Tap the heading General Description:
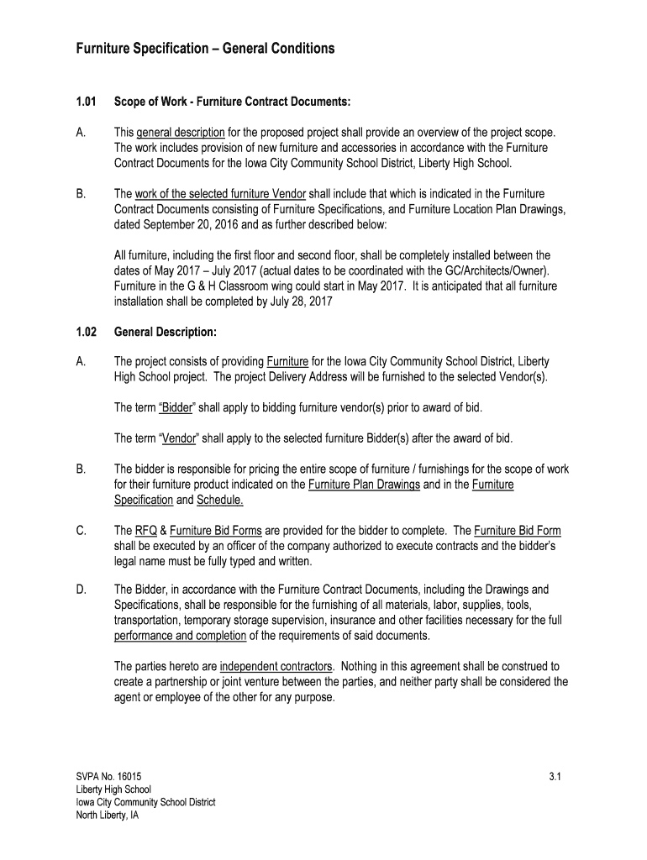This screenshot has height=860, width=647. tap(166, 332)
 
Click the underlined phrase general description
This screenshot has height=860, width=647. tap(181, 133)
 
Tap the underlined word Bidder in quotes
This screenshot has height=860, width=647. tap(177, 408)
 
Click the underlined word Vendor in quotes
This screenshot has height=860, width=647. tap(179, 438)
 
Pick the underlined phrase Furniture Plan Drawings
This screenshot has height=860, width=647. tap(364, 485)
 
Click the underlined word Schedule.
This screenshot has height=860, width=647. tap(220, 500)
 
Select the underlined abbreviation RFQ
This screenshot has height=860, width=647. tap(145, 531)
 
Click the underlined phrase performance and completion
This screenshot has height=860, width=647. tap(180, 635)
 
